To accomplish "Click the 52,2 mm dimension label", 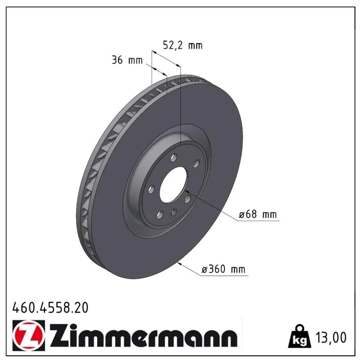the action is click(x=183, y=45).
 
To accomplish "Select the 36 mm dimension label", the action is click(x=127, y=60).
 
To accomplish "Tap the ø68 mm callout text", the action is click(x=257, y=214).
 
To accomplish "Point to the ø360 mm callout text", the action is click(x=223, y=269).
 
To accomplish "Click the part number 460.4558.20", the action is click(x=50, y=307).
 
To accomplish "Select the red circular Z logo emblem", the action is click(x=29, y=335).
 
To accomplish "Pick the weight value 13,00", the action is click(x=331, y=337).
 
